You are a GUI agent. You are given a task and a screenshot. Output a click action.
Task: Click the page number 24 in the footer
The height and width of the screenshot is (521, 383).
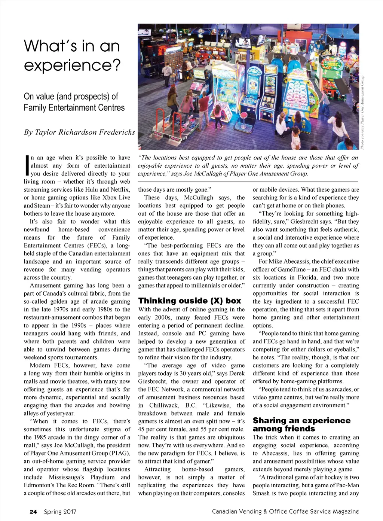point(33,512)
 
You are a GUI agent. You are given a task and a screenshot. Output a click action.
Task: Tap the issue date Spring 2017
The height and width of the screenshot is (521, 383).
point(60,512)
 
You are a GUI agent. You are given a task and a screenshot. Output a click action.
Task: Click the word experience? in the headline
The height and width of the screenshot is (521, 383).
point(73,65)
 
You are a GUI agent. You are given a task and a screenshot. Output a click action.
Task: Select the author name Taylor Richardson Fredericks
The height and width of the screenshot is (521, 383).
point(85,132)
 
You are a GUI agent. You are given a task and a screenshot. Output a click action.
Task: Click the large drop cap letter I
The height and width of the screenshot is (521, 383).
point(26,166)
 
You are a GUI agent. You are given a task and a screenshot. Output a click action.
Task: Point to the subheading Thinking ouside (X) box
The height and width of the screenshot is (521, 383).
point(190,301)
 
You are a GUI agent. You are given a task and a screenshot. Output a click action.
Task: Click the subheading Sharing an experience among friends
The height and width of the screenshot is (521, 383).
point(301,424)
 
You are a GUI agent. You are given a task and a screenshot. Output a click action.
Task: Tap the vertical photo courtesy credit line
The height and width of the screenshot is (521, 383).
point(362,112)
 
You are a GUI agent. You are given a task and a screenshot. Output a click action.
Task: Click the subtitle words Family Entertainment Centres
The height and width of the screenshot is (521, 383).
point(74,108)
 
